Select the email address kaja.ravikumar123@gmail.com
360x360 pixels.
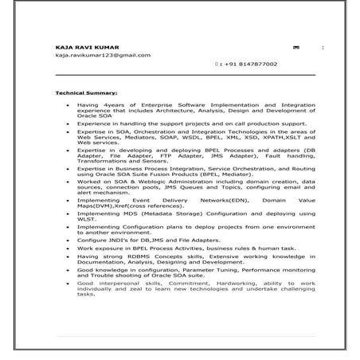click(103, 55)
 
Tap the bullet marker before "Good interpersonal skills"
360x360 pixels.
click(68, 284)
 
